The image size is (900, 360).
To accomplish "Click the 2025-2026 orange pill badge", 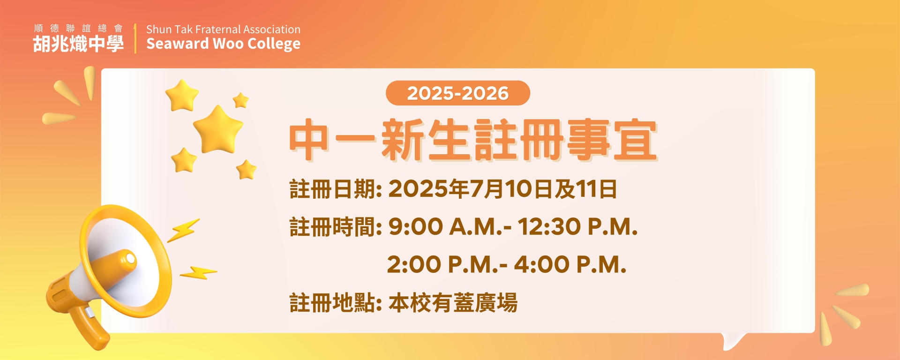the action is coord(457,93).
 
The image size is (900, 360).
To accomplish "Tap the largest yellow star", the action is coord(218,129).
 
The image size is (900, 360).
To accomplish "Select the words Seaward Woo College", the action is coord(223,44).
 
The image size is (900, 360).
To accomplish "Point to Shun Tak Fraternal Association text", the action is coord(223,29).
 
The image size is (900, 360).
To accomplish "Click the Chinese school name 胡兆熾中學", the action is coord(78,44).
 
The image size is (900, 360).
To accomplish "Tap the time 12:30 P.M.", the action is coord(577,227).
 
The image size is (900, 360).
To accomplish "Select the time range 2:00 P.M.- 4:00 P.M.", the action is coord(507,265).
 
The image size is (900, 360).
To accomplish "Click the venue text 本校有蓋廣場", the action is coord(453,303).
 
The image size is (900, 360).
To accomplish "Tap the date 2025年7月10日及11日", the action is coord(502,189).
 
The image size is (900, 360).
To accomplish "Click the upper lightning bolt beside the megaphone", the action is coord(183,230).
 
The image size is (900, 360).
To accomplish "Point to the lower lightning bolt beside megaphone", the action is coord(198,273).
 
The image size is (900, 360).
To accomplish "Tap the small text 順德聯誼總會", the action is coord(78,29).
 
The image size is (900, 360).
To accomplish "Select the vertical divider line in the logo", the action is coord(135,38).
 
